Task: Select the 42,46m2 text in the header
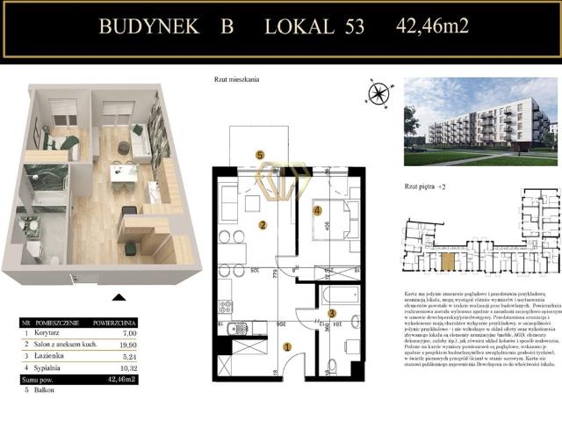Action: tap(432, 25)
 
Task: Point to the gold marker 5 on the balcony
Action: tap(260, 156)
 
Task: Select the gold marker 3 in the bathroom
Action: tap(331, 313)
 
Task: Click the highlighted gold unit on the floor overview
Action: tap(448, 260)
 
